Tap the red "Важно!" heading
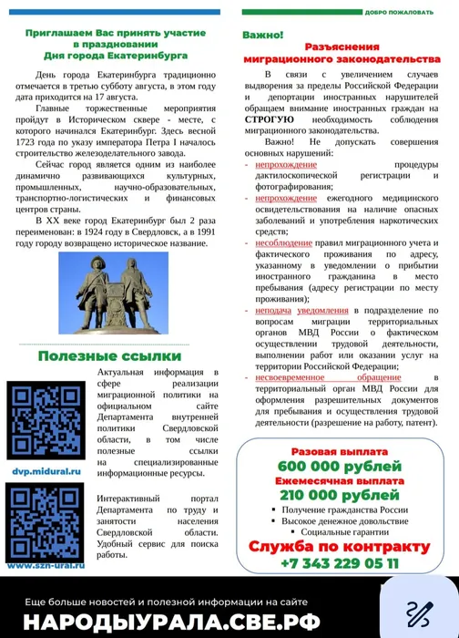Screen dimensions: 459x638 (261, 33)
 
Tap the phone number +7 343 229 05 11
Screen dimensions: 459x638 (339, 563)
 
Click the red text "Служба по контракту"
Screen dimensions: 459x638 (339, 547)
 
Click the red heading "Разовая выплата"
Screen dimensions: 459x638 (339, 452)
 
